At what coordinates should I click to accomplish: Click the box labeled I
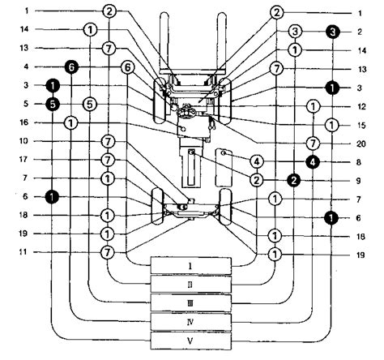coord(190,266)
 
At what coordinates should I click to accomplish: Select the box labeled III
coord(190,303)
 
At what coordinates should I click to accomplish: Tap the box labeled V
coord(190,341)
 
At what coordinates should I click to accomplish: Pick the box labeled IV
coord(190,322)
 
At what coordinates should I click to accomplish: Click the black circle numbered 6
coord(71,67)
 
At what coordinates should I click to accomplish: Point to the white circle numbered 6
coord(127,67)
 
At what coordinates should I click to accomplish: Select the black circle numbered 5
coord(53,105)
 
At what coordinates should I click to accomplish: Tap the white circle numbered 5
coord(90,105)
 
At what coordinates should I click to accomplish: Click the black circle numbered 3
coord(332,32)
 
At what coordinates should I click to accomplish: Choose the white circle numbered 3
coord(295,32)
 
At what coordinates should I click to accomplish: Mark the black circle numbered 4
coord(313,162)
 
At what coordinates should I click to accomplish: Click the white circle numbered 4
coord(257,162)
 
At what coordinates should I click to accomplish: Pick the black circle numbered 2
coord(294,181)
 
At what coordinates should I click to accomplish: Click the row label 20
coord(361,144)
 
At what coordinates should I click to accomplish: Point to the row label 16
coord(24,122)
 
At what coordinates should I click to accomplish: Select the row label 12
coord(361,106)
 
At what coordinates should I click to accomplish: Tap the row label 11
coord(24,252)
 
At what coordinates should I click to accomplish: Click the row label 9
coord(358,181)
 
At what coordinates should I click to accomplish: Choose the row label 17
coord(24,160)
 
